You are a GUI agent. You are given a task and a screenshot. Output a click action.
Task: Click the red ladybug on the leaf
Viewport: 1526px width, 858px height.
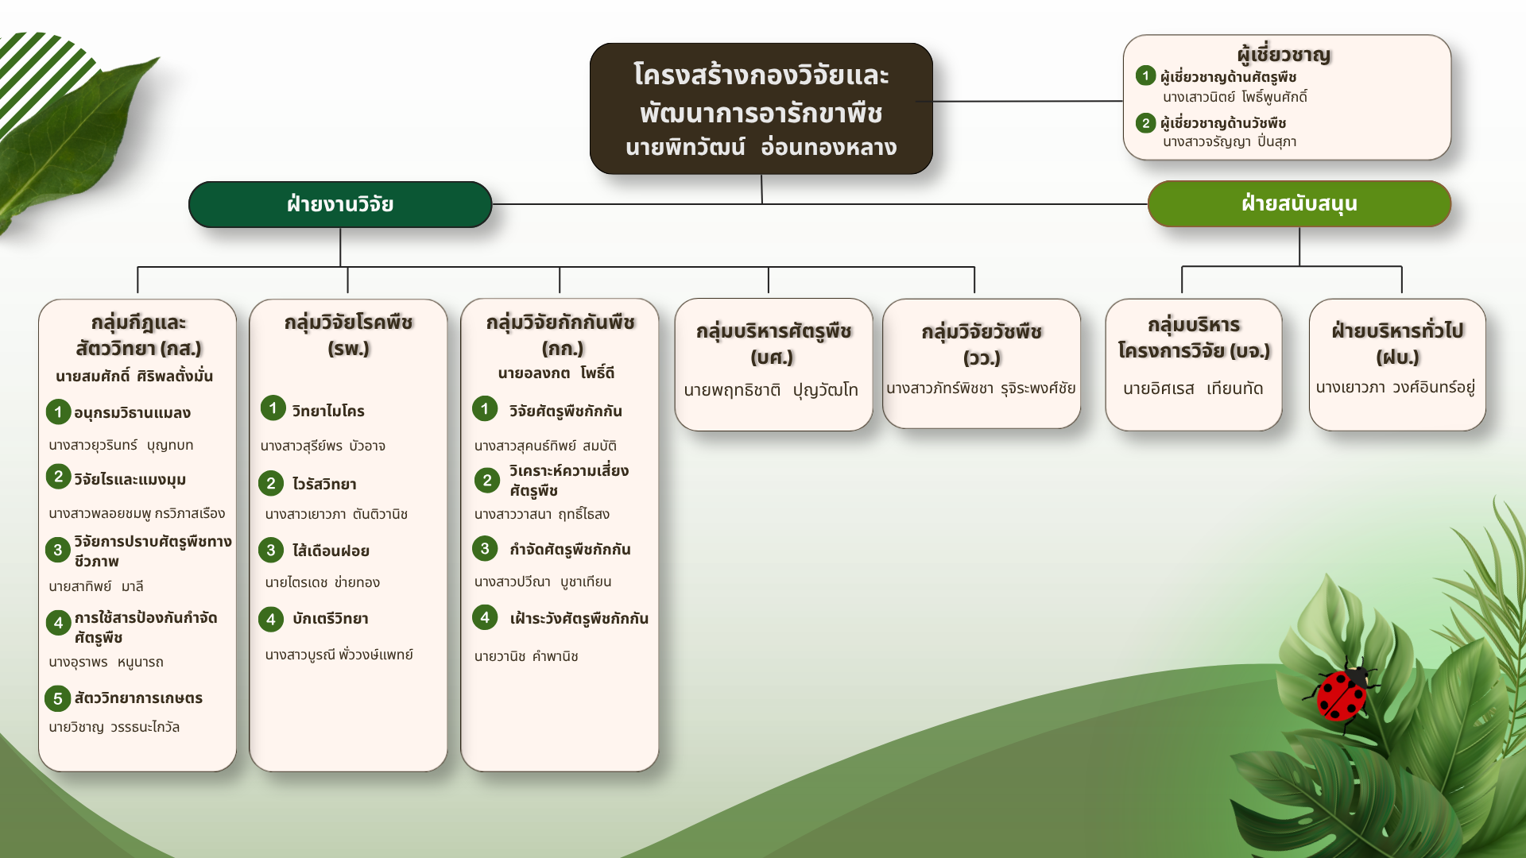point(1342,691)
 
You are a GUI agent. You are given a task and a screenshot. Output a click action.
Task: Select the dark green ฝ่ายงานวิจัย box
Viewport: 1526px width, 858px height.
point(340,204)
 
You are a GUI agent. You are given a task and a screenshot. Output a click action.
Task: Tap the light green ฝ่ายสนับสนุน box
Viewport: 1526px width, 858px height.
point(1299,203)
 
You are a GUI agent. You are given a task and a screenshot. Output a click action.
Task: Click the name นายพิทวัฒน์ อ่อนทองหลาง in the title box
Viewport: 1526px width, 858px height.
point(761,147)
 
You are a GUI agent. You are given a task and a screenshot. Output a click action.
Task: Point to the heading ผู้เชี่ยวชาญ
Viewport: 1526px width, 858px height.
point(1284,54)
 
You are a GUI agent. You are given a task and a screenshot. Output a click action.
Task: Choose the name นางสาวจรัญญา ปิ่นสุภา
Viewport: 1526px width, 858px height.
point(1230,141)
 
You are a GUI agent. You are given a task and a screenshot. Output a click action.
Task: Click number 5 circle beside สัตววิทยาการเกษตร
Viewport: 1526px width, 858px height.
point(57,698)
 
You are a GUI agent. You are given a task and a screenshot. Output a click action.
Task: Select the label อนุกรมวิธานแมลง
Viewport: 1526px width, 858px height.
point(132,412)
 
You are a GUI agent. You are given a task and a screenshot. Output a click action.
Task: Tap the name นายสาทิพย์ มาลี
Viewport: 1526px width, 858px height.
point(96,586)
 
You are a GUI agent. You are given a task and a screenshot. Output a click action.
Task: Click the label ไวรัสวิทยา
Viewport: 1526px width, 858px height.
point(324,484)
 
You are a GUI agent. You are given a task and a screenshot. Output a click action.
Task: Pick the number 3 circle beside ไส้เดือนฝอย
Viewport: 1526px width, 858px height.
point(271,550)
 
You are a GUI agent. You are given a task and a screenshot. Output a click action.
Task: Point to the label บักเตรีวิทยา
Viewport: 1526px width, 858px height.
point(330,618)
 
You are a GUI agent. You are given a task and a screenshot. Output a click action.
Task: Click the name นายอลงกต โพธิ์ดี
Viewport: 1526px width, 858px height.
point(556,373)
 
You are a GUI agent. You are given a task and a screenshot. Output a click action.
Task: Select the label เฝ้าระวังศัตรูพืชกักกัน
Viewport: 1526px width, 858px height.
point(579,618)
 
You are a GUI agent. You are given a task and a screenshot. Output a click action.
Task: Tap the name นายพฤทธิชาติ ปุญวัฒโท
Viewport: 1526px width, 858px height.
point(771,389)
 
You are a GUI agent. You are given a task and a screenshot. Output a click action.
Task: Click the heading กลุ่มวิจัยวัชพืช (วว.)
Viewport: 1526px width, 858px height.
point(982,344)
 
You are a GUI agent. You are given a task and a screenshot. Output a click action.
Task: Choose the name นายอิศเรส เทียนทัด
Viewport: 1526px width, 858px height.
point(1193,388)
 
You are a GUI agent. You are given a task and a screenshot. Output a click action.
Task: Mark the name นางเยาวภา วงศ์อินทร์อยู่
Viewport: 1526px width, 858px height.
point(1396,387)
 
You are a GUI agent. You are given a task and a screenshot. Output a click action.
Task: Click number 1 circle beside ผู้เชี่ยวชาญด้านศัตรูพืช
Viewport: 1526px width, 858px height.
point(1145,75)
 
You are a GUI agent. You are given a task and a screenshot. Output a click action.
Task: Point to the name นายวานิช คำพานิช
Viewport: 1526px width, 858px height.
point(526,656)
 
